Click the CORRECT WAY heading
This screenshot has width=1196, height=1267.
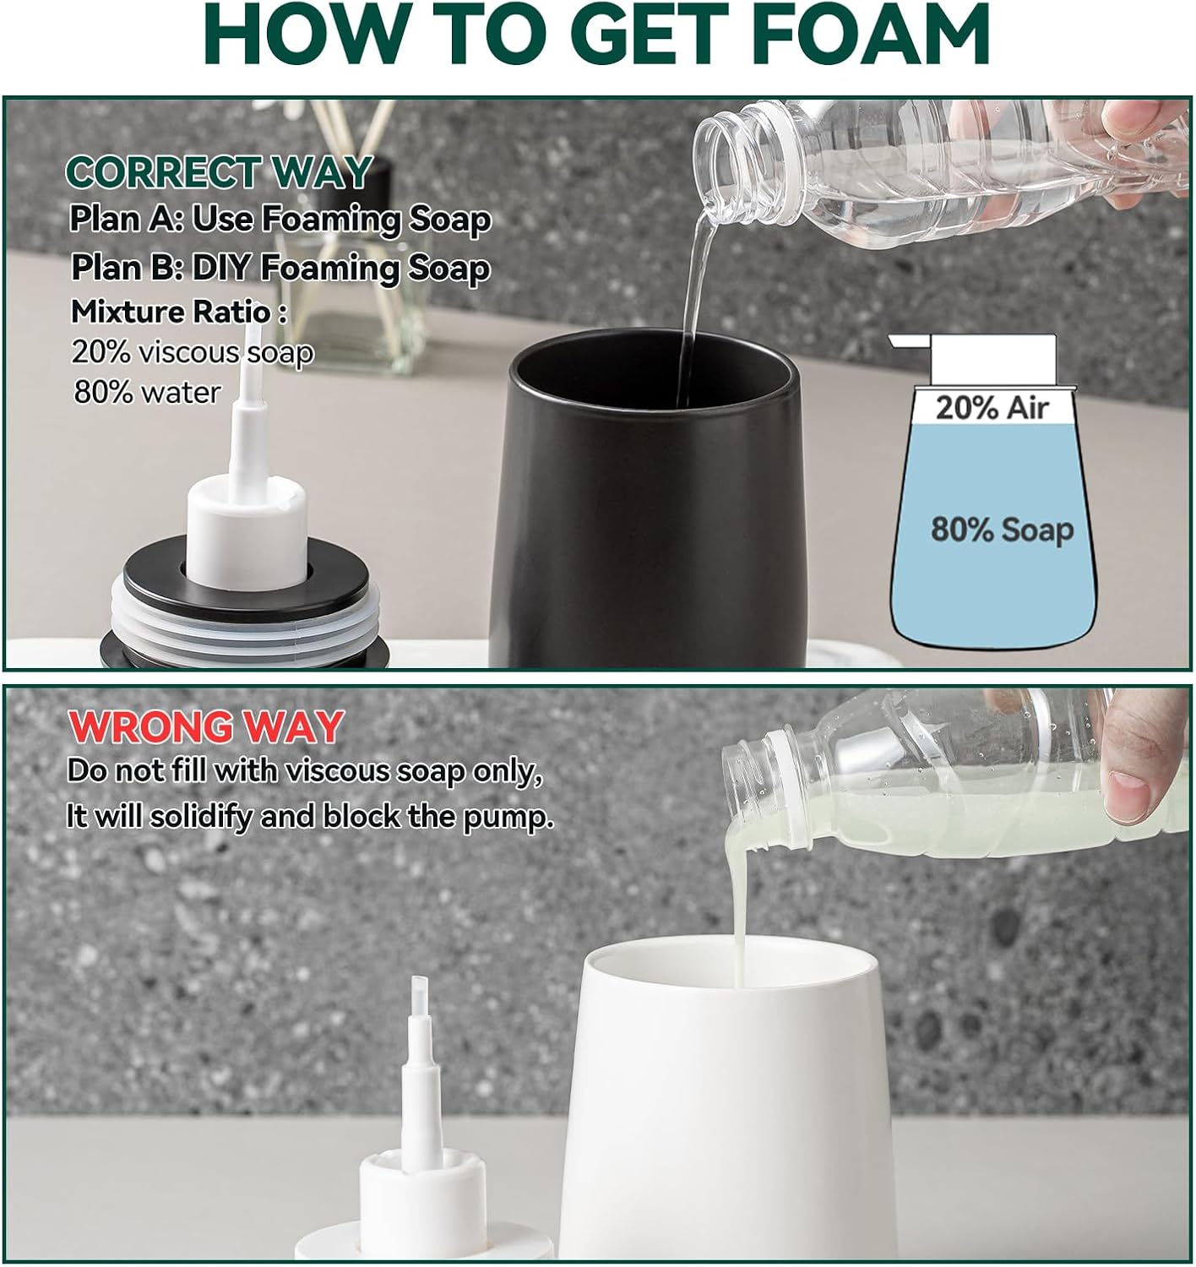pos(218,172)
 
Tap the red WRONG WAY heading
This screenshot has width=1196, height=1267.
pos(205,726)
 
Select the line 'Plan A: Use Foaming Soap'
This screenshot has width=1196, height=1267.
pos(280,220)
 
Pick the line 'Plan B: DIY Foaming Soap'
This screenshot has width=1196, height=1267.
pos(280,268)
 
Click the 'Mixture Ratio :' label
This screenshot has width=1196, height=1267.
pos(178,312)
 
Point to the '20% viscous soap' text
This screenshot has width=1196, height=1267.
pos(192,351)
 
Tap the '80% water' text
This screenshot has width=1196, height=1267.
pos(147,392)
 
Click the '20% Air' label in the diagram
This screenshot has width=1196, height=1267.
pos(992,408)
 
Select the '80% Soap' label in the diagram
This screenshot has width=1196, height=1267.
pos(1002,530)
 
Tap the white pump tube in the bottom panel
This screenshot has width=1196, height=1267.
pos(420,1056)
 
